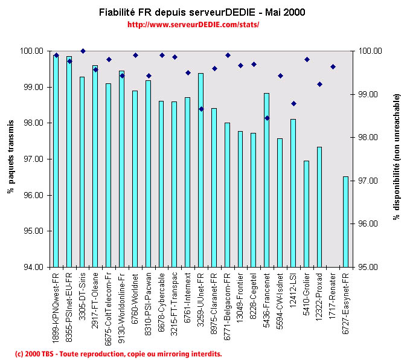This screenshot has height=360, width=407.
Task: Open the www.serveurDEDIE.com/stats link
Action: tap(194, 25)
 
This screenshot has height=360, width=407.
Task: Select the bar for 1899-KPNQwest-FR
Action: tap(56, 161)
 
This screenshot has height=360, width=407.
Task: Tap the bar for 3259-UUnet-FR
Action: tap(200, 170)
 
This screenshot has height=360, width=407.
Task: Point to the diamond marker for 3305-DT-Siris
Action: tap(83, 51)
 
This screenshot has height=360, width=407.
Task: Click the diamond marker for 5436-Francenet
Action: tap(267, 118)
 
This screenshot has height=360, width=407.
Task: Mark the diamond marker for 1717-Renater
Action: tap(333, 66)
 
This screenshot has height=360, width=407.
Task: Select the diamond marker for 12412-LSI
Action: tap(293, 103)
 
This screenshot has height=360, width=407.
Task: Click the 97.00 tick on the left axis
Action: tap(33, 159)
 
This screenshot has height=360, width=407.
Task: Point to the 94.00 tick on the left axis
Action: tap(33, 267)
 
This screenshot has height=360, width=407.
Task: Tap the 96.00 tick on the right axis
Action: tap(368, 223)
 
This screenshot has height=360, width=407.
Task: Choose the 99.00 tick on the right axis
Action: tap(368, 94)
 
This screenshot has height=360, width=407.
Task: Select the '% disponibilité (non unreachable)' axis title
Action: tap(397, 156)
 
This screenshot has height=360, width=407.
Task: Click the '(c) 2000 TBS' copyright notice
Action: tap(118, 353)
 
